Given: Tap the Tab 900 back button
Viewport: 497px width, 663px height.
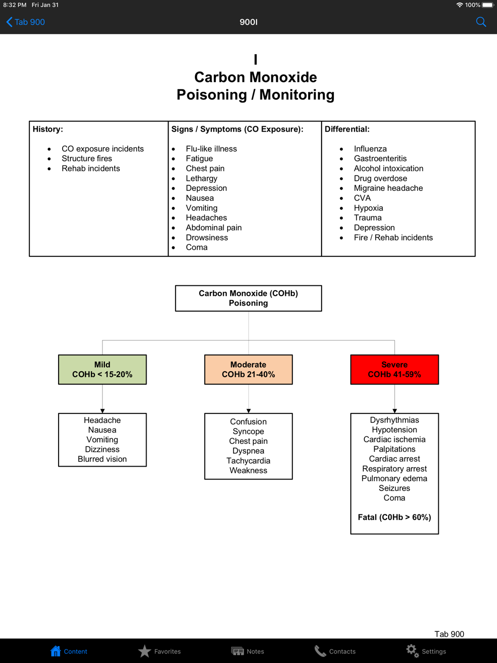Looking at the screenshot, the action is click(x=25, y=22).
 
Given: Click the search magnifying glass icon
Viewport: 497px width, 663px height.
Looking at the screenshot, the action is click(x=481, y=22).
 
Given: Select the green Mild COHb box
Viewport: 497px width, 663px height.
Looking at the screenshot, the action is click(x=102, y=369).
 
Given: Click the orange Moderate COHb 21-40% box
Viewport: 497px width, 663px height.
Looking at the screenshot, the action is click(x=248, y=369).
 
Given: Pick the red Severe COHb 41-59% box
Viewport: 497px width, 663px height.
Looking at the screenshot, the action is click(x=394, y=369).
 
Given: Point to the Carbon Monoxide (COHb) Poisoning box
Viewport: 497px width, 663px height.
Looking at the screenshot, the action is click(x=248, y=298).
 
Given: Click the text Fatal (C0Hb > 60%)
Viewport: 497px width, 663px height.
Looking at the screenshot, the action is click(x=394, y=517).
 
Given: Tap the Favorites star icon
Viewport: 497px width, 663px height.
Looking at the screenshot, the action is click(x=145, y=651).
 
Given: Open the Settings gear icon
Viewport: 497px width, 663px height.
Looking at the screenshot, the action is click(x=413, y=651).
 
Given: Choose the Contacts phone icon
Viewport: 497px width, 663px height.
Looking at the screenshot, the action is click(x=320, y=651).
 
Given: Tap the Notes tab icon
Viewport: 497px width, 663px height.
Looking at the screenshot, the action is click(x=238, y=651).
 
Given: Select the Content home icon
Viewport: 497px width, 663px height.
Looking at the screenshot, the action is click(x=56, y=651).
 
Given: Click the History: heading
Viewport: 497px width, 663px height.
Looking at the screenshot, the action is click(x=48, y=129).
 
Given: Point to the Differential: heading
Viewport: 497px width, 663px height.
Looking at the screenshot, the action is click(x=347, y=129).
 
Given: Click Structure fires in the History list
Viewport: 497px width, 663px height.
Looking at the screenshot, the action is click(x=86, y=159).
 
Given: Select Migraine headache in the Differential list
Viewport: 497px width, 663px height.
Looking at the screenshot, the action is click(x=388, y=188).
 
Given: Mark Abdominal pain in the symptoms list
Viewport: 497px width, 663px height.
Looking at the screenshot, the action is click(x=214, y=228).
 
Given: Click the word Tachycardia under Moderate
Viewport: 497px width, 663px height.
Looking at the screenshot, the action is click(x=248, y=461).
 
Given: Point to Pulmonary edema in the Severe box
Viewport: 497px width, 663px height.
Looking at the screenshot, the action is click(x=394, y=479).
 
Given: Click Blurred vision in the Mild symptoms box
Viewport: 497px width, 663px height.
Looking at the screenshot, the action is click(x=102, y=459).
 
